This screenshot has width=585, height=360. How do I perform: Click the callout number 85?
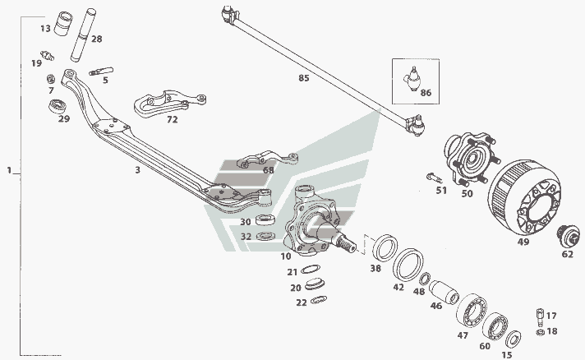(x=304, y=79)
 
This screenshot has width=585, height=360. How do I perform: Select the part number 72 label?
(x=172, y=120)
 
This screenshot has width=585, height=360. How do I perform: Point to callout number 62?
(x=567, y=254)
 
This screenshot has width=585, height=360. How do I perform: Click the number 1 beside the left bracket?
(x=8, y=171)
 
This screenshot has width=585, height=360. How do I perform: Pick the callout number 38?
(x=375, y=269)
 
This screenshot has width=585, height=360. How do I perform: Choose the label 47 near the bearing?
(x=462, y=336)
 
